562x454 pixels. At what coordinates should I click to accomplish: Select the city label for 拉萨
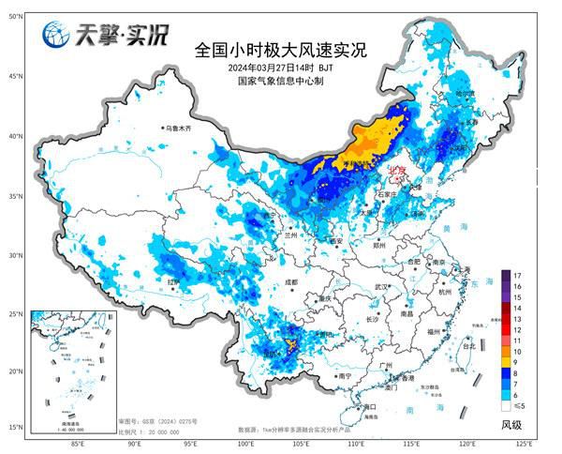coord(172,280)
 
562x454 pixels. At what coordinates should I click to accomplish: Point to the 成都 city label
coord(290,280)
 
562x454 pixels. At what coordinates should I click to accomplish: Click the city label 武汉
coord(379,286)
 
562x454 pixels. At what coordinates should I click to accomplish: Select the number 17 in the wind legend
coord(518,275)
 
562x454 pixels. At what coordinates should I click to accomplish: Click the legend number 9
coord(518,361)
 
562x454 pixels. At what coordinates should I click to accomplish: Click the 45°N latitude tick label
coord(15,75)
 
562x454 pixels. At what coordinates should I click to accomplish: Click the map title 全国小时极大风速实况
coord(280,48)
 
